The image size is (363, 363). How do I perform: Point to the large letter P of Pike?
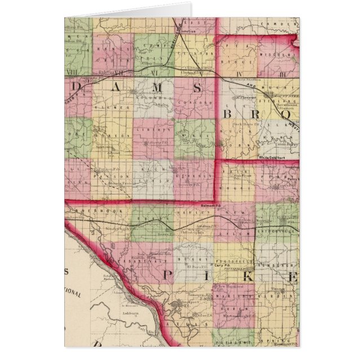click(167, 276)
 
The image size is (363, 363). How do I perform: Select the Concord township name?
click(194, 104)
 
